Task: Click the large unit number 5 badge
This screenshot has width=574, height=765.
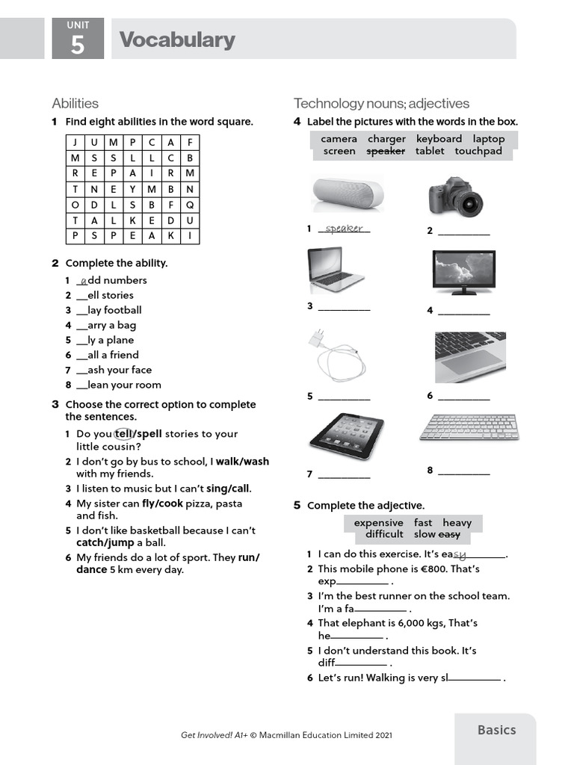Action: [78, 44]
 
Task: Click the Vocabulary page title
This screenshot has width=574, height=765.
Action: [177, 40]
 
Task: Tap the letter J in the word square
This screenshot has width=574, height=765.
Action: [75, 142]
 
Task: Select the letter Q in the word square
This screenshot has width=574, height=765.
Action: [190, 205]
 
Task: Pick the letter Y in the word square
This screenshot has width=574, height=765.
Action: [132, 189]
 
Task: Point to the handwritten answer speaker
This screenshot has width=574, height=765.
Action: [344, 229]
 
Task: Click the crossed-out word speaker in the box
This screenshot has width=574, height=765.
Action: [386, 151]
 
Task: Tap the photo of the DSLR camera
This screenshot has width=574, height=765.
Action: [456, 196]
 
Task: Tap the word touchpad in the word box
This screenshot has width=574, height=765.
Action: [479, 151]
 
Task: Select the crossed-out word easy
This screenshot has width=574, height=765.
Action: [448, 534]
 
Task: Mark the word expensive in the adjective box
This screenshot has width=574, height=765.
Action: [378, 522]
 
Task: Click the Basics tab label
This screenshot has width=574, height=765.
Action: [496, 730]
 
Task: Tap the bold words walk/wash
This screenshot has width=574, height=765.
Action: [242, 462]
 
